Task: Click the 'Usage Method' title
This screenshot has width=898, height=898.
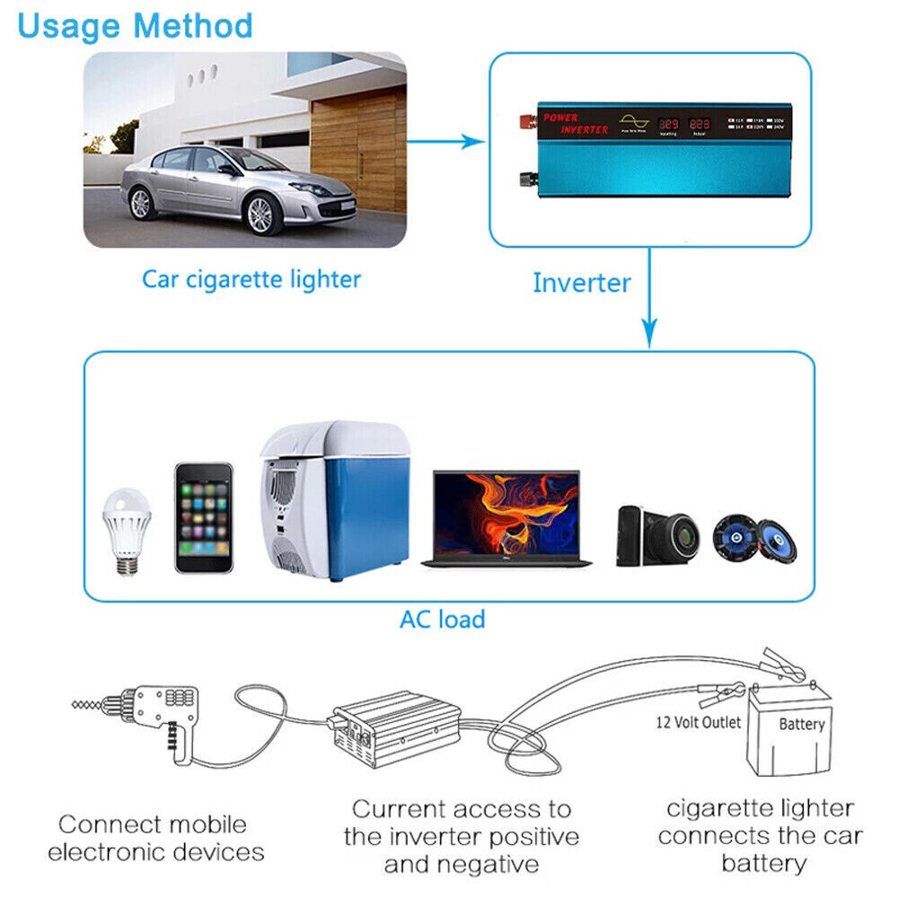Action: pyautogui.click(x=135, y=26)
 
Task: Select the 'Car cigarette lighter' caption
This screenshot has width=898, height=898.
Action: pyautogui.click(x=251, y=279)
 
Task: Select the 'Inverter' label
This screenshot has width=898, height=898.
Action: pyautogui.click(x=581, y=283)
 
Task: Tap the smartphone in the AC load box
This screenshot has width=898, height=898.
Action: pyautogui.click(x=204, y=517)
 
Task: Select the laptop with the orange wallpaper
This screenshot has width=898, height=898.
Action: pyautogui.click(x=506, y=518)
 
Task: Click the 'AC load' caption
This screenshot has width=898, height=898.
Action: pyautogui.click(x=442, y=619)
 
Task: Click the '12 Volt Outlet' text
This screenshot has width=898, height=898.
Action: pyautogui.click(x=698, y=722)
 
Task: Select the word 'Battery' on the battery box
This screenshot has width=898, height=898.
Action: pyautogui.click(x=801, y=724)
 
